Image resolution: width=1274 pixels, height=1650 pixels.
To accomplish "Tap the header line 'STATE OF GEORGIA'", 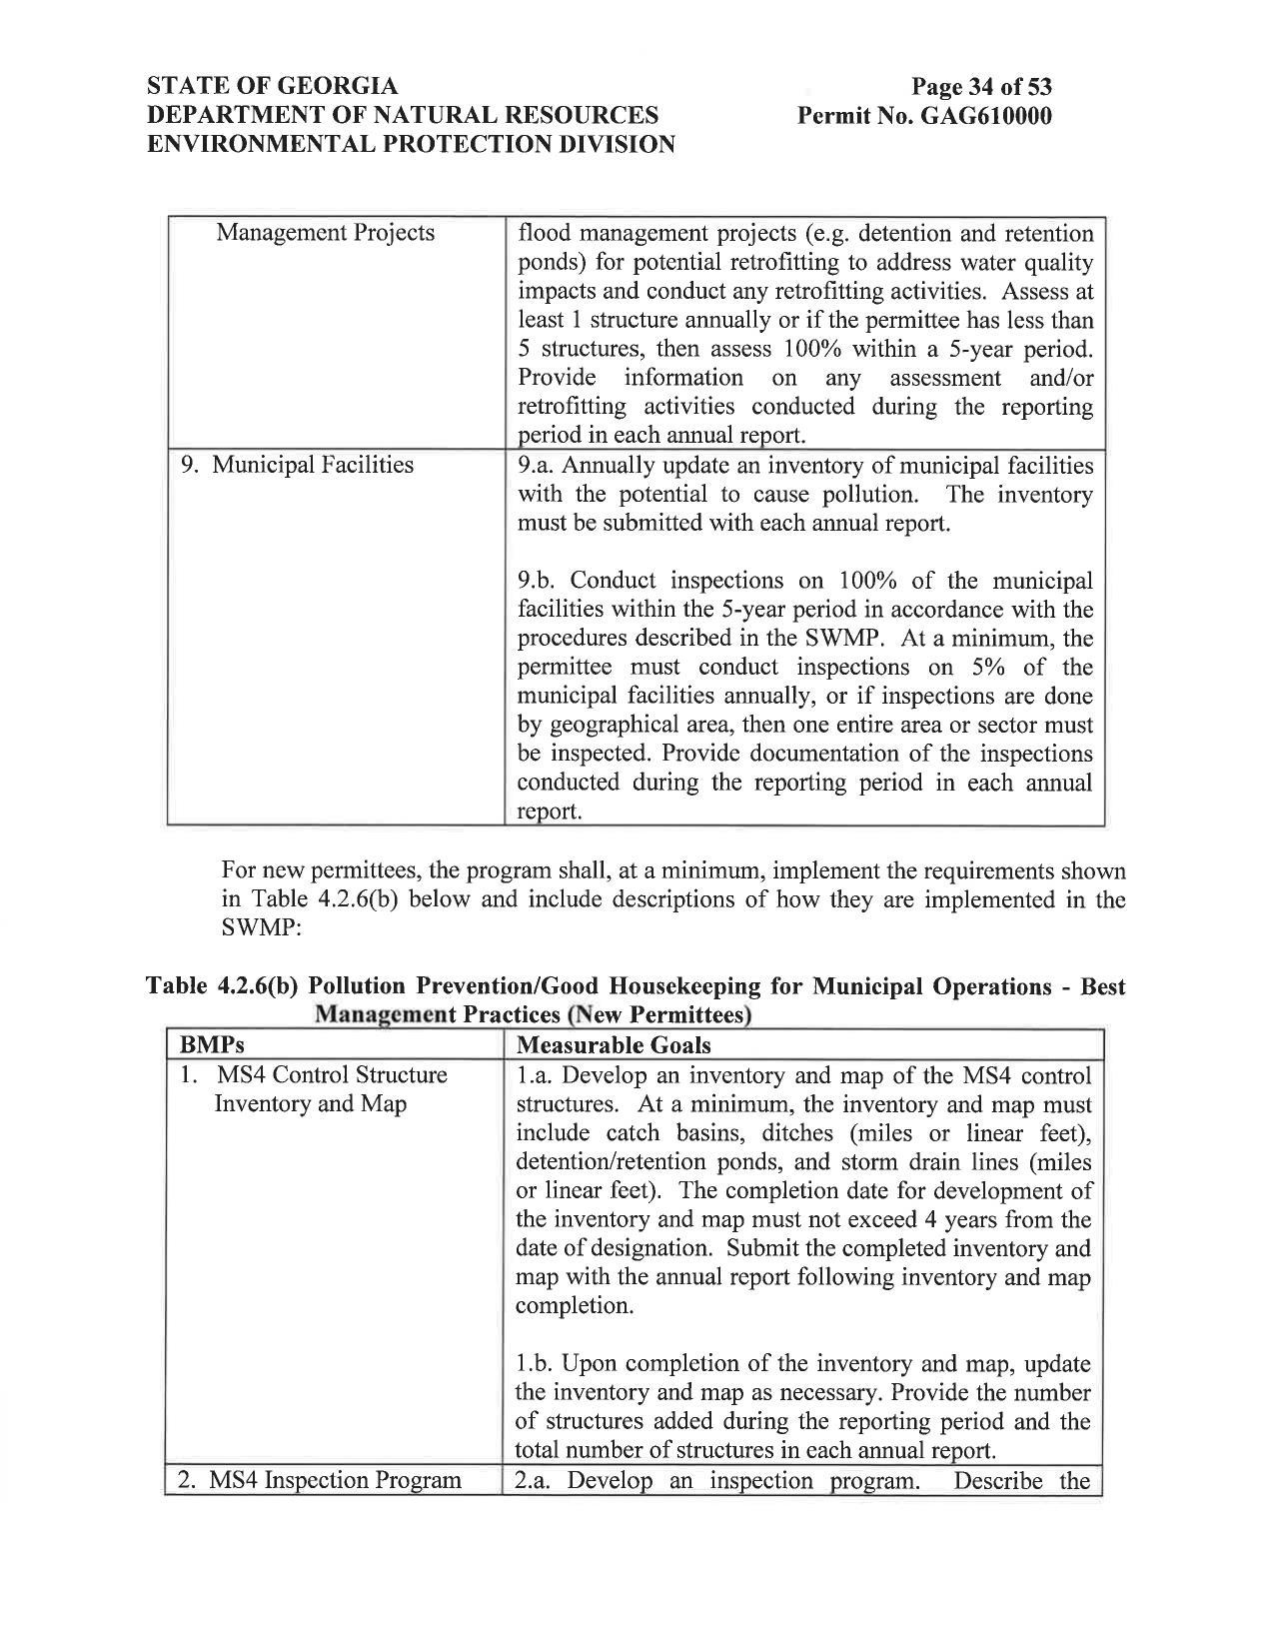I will tap(273, 87).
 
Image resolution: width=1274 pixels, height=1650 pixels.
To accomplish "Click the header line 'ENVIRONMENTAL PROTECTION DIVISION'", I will tap(411, 145).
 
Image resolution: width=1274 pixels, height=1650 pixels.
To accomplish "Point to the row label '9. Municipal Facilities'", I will tap(297, 465).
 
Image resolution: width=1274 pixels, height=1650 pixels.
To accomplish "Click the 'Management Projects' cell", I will tap(326, 233).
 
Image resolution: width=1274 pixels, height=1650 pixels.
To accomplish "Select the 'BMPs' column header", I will tap(212, 1045).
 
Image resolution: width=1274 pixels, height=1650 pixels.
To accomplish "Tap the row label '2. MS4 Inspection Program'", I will tap(320, 1480).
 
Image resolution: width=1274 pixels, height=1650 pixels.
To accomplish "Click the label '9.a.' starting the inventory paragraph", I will tap(538, 466).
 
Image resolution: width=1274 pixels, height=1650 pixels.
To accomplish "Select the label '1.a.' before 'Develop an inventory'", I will tap(536, 1075).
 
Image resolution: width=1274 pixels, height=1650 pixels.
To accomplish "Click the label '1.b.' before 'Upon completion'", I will tap(537, 1364).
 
